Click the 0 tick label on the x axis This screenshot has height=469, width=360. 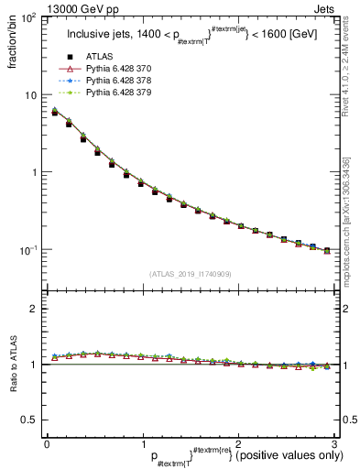47,443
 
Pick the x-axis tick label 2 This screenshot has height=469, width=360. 237,443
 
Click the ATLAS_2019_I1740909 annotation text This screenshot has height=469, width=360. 190,273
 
